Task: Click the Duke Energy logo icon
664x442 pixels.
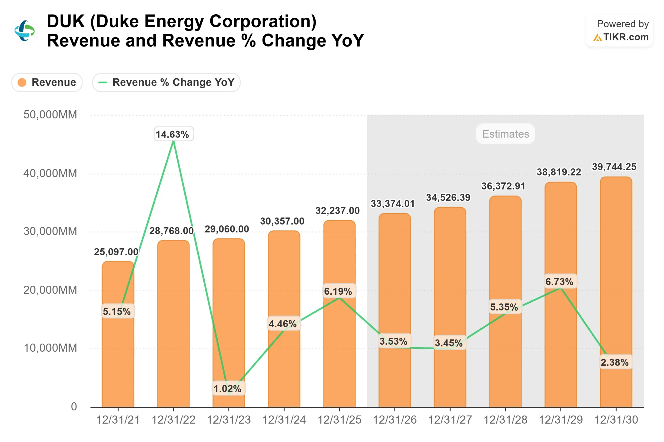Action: [x=25, y=31]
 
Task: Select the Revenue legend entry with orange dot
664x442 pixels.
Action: [x=47, y=83]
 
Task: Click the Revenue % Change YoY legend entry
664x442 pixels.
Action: [x=166, y=83]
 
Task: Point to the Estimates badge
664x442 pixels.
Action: [x=505, y=134]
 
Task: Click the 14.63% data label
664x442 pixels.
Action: [x=172, y=134]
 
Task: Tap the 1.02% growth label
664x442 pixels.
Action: [x=227, y=389]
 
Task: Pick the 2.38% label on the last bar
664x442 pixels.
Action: [x=615, y=362]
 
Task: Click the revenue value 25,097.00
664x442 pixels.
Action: [x=116, y=252]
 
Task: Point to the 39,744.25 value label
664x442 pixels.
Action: [x=614, y=167]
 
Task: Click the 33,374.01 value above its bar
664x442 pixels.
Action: [x=393, y=204]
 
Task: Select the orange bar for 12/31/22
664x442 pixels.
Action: [x=173, y=324]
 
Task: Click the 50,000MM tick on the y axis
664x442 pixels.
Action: [x=50, y=115]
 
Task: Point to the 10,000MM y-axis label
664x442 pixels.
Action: [x=50, y=348]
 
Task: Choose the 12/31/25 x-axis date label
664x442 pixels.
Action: [x=339, y=420]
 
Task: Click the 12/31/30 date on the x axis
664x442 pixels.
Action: [x=616, y=420]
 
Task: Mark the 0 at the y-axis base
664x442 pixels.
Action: [x=74, y=407]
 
